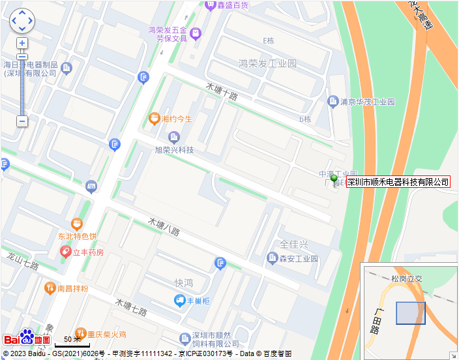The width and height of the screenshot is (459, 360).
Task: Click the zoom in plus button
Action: pyautogui.click(x=22, y=43)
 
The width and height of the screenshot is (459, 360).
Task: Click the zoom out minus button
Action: pyautogui.click(x=22, y=121)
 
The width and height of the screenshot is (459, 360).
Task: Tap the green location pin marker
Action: pyautogui.click(x=334, y=179)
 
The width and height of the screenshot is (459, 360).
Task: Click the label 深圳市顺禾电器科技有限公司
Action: pyautogui.click(x=398, y=182)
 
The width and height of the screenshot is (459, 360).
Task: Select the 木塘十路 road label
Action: pyautogui.click(x=222, y=91)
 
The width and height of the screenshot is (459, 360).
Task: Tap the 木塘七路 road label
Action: pyautogui.click(x=130, y=307)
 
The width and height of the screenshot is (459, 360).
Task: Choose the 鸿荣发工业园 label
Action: pyautogui.click(x=267, y=64)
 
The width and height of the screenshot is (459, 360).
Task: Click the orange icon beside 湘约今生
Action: pyautogui.click(x=155, y=119)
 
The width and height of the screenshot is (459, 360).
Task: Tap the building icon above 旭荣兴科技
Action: pyautogui.click(x=173, y=136)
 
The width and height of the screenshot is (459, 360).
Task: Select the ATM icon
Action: pyautogui.click(x=91, y=187)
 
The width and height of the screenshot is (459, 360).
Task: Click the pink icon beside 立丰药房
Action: pyautogui.click(x=65, y=252)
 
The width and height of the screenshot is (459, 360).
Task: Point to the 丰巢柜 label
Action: pyautogui.click(x=197, y=301)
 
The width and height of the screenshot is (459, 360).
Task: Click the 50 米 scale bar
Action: pyautogui.click(x=68, y=340)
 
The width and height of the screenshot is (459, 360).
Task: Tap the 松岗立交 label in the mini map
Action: pyautogui.click(x=407, y=278)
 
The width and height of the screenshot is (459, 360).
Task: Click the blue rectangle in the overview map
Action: pyautogui.click(x=411, y=313)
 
